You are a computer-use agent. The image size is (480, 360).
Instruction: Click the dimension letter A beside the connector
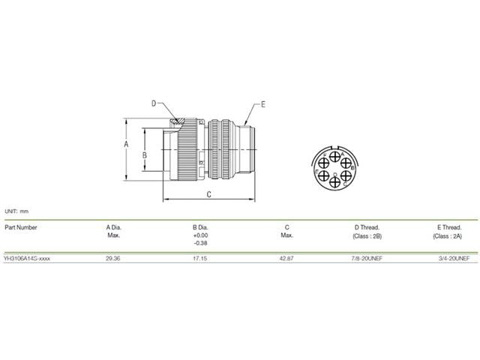point(126,144)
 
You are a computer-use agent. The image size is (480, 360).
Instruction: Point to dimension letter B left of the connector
point(145,155)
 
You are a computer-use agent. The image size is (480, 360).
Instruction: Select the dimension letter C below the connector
point(208,194)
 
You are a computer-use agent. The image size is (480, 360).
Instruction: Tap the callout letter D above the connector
point(154,103)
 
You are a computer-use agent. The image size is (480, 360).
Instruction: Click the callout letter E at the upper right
point(263,105)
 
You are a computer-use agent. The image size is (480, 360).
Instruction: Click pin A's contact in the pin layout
point(335,157)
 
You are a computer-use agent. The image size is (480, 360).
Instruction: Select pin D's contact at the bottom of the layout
point(335,182)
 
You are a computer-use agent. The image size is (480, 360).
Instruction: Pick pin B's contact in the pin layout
point(346,163)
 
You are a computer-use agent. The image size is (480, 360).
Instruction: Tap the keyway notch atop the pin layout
point(336,148)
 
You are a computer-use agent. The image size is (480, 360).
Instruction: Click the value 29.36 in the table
point(113,258)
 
